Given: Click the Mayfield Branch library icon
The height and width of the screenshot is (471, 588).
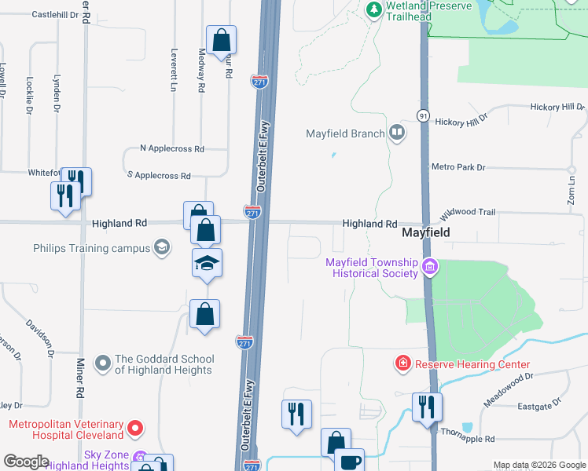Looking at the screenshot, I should pyautogui.click(x=397, y=133).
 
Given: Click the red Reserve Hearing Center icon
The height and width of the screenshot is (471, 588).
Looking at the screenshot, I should pyautogui.click(x=402, y=364).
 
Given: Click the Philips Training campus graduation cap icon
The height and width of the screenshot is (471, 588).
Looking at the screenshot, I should pyautogui.click(x=162, y=248).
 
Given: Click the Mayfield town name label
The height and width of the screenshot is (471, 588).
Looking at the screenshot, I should pyautogui.click(x=425, y=233).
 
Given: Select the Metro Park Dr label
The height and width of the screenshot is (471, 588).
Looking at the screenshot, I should pyautogui.click(x=459, y=167).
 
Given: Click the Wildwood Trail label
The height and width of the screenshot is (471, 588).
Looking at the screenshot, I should pyautogui.click(x=468, y=213).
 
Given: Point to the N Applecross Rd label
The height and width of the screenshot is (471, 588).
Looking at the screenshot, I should pyautogui.click(x=171, y=148).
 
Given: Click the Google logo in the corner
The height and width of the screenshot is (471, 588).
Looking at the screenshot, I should pyautogui.click(x=26, y=462).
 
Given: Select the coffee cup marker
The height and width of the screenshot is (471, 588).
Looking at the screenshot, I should pyautogui.click(x=349, y=461).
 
